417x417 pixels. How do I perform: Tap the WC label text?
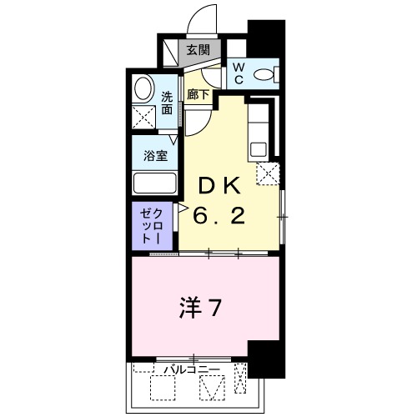coord(236,74)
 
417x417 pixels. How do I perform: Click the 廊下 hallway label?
coord(197,96)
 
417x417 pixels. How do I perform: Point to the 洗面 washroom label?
coord(168,102)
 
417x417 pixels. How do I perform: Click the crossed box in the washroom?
coord(143,117)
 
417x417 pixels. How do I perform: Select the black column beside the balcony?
coord(264,359)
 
